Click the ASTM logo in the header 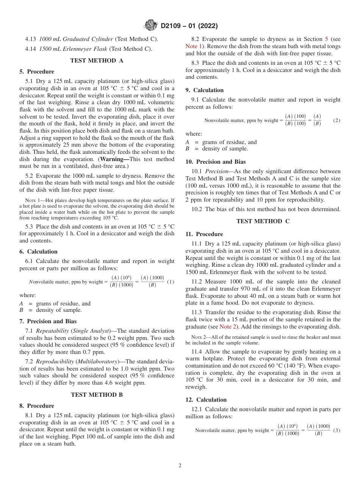tap(151, 26)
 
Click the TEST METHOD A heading tap(97, 60)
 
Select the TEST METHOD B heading tap(97, 394)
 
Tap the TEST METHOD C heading tap(263, 221)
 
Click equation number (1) tap(171, 282)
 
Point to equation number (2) tap(337, 120)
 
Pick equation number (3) tap(337, 430)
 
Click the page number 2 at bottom tap(180, 465)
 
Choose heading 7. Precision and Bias tap(48, 321)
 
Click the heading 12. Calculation tap(206, 400)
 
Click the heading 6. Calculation tap(38, 252)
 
